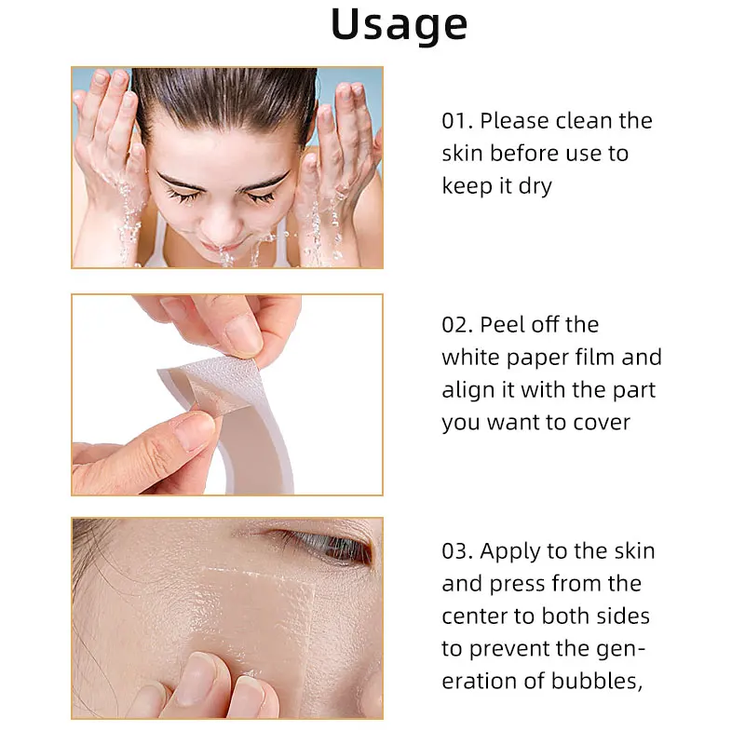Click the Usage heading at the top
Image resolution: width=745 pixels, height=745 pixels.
click(399, 26)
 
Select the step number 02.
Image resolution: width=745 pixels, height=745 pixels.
click(457, 325)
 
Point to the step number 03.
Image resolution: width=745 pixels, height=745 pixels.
click(457, 551)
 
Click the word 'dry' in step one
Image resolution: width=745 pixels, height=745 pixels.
click(535, 186)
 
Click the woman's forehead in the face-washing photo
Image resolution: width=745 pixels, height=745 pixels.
click(223, 140)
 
